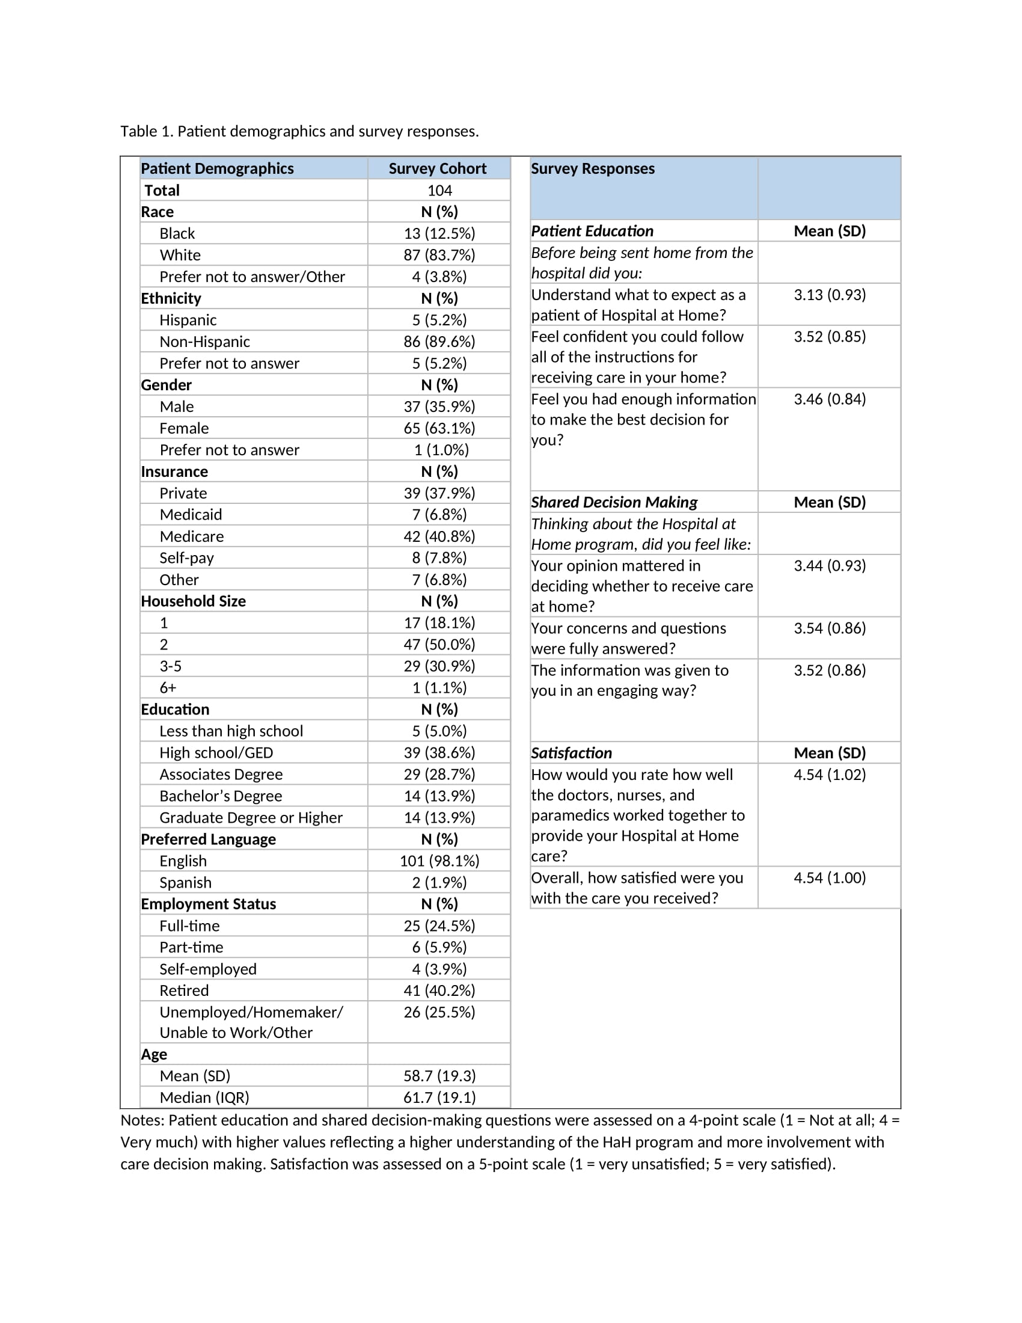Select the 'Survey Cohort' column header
point(437,168)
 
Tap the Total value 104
point(439,190)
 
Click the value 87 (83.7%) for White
point(439,255)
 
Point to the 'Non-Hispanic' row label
point(204,342)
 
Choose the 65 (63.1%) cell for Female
point(439,428)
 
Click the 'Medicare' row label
point(191,536)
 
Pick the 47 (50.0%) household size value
point(439,644)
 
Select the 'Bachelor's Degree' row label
point(221,796)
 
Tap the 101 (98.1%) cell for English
point(439,861)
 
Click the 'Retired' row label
point(184,990)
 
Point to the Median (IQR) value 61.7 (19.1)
point(439,1097)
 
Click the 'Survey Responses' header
point(593,168)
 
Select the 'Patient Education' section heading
point(592,231)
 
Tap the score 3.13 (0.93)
point(830,295)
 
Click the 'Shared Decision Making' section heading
point(614,502)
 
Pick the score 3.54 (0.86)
point(830,628)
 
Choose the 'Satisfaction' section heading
point(572,753)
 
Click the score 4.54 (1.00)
point(830,878)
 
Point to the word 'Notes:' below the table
point(142,1120)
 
